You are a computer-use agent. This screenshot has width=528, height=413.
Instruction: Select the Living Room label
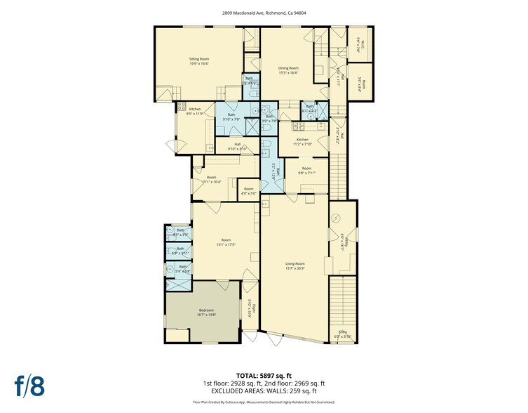[295, 265]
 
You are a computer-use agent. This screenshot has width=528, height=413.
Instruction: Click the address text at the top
[264, 13]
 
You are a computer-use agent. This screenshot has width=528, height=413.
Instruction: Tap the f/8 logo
[29, 386]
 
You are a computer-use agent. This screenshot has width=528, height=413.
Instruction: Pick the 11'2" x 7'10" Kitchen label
[302, 142]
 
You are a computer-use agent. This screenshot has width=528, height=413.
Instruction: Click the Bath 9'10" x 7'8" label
[231, 117]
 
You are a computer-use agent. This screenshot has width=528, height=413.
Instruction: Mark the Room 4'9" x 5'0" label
[248, 190]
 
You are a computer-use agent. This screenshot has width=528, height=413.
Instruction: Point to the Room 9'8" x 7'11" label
[306, 171]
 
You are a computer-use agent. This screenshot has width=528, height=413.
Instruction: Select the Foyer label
[255, 308]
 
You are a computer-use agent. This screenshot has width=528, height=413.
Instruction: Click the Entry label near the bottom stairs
[342, 335]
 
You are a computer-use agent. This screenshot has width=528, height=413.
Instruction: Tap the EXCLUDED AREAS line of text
[264, 391]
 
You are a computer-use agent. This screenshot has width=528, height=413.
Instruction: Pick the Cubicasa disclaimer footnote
[264, 402]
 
